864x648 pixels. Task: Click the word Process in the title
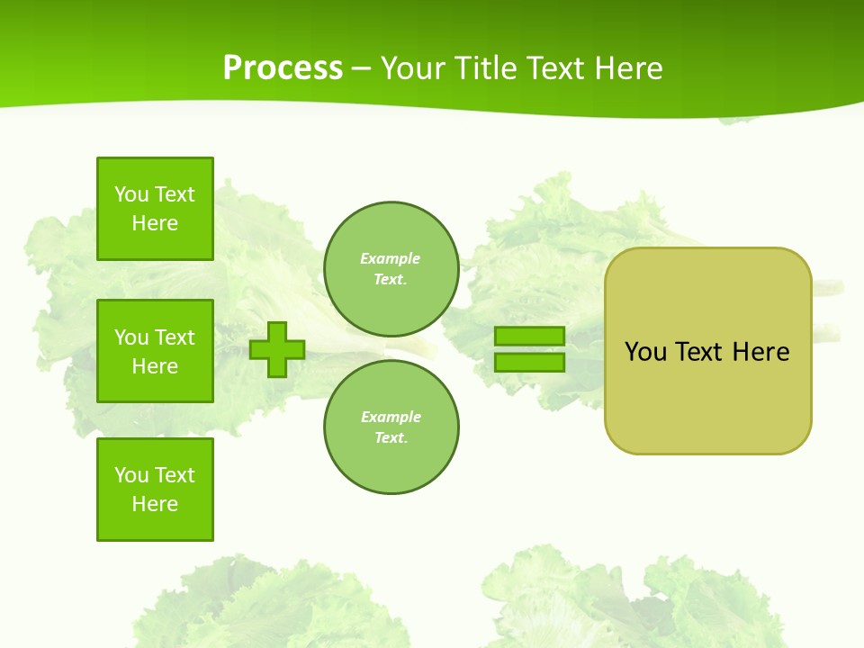283,68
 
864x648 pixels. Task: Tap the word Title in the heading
482,68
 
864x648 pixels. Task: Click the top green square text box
155,209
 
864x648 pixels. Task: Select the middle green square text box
155,351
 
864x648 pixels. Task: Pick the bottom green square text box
155,490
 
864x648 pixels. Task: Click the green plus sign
277,349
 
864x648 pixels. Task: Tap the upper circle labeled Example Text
391,269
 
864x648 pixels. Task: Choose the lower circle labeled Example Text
391,427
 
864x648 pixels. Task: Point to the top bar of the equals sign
530,336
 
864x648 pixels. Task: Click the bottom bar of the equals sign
530,362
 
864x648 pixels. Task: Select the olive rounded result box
707,396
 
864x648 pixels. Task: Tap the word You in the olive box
645,352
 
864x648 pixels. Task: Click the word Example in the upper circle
391,258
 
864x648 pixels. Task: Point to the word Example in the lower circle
391,417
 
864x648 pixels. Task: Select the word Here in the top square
155,223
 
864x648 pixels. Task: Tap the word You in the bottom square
131,475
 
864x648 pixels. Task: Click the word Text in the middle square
175,337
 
